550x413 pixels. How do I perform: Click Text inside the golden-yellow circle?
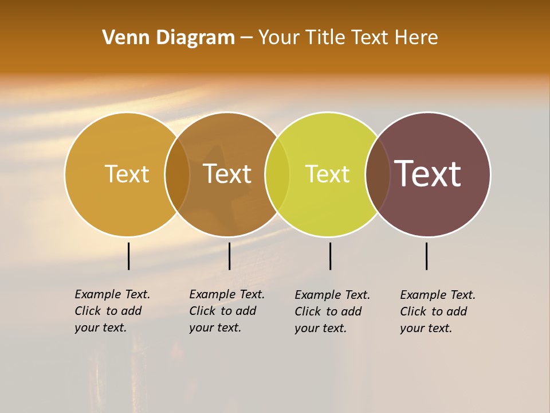coord(127,174)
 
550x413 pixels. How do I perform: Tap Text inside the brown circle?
coord(227,174)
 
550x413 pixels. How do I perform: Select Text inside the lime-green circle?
coord(327,174)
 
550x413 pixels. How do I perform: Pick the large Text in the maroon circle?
coord(427,173)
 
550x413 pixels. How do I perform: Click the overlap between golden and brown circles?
coord(177,174)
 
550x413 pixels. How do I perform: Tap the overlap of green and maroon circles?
coord(378,174)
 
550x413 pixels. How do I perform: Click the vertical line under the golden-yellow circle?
coord(129,256)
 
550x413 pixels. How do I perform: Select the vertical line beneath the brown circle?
coord(229,256)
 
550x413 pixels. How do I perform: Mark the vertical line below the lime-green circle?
coord(330,256)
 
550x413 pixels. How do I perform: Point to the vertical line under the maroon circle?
coord(427,256)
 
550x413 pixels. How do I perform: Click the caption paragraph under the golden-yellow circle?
coord(112,311)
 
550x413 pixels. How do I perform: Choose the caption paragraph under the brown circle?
coord(226,311)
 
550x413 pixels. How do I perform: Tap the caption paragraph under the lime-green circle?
coord(332,311)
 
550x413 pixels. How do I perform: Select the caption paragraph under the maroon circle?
coord(437,311)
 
